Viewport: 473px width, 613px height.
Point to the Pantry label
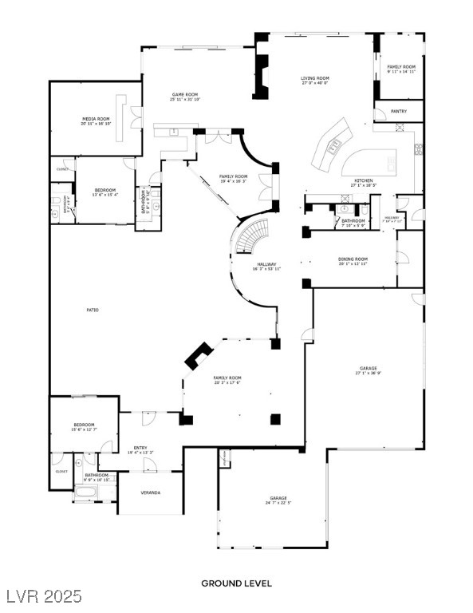pos(398,112)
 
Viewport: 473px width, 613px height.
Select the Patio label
pos(93,310)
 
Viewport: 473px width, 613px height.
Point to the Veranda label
pos(150,493)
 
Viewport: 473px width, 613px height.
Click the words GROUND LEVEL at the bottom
pos(236,583)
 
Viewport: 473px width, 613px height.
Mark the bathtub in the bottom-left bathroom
pos(85,492)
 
